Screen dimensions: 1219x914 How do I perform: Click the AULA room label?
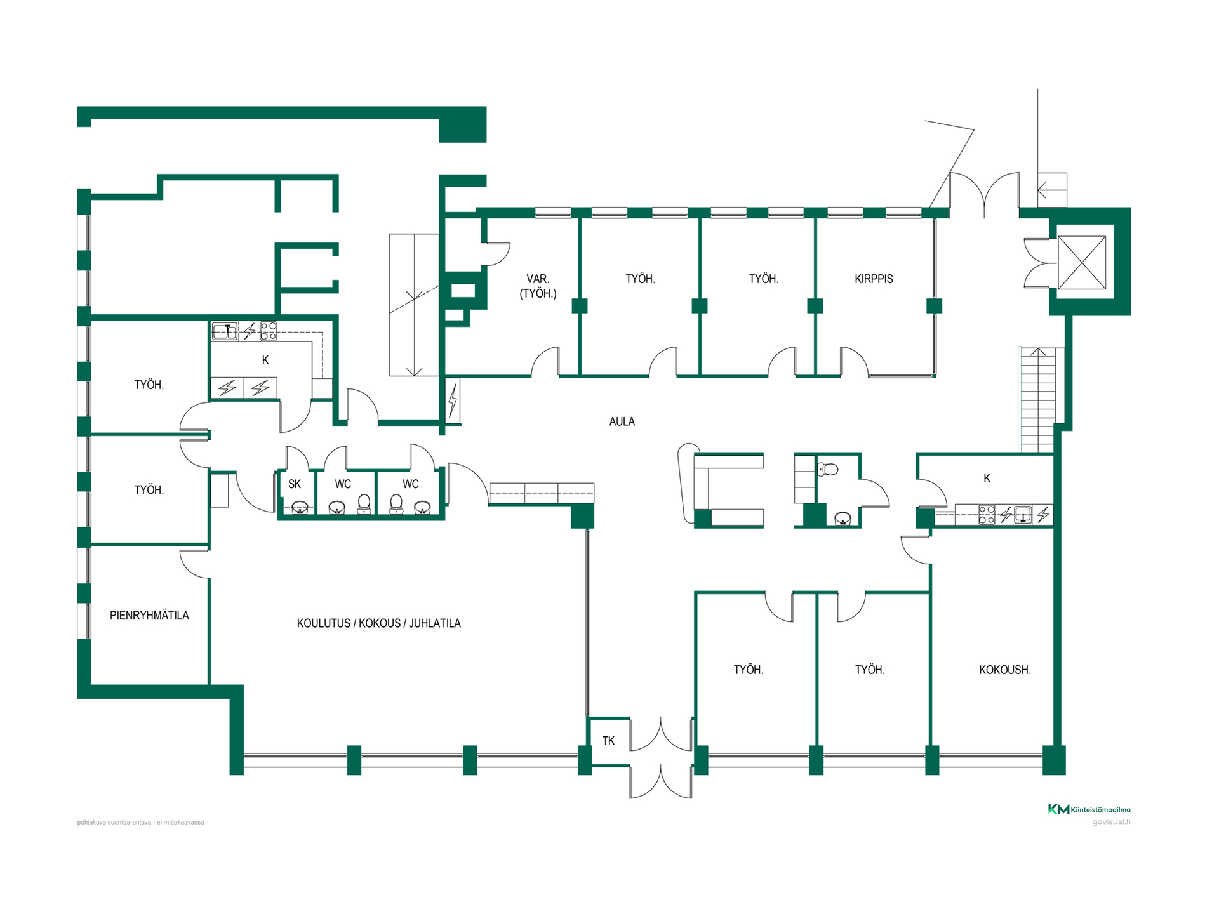pos(622,421)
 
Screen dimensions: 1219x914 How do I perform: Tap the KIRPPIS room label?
pos(874,279)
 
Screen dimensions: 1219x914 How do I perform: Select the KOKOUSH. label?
pos(1004,670)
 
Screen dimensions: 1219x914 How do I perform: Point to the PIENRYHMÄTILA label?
pos(149,615)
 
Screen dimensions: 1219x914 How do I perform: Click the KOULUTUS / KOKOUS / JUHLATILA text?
pos(379,623)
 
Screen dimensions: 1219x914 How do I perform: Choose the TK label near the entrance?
pos(608,741)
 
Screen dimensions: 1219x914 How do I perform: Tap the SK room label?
pos(295,484)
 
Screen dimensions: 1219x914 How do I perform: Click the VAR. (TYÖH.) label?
pos(538,286)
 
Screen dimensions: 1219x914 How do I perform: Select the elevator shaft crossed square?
pos(1082,262)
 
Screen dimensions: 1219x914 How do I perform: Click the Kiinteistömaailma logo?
pos(1089,809)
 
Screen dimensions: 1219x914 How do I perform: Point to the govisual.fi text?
pos(1111,822)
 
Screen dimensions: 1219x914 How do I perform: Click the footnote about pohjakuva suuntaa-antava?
pos(140,822)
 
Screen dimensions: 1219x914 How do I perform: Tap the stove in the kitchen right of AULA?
pos(987,515)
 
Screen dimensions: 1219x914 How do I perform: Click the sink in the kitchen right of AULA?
pos(1023,514)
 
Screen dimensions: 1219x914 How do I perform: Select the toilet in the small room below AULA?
pos(828,469)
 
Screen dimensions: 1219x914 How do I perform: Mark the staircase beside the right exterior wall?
pos(1037,400)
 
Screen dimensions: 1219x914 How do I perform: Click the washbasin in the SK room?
pos(300,508)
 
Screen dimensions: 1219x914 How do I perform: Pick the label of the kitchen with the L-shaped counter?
pos(265,360)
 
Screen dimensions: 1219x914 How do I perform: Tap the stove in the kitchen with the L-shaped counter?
pos(269,331)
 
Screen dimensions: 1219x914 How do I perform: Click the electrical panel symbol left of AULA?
pos(453,400)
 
